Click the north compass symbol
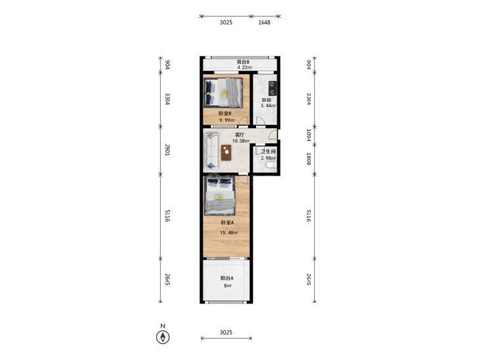point(163,337)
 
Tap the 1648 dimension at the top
point(264,22)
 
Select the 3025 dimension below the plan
point(226,332)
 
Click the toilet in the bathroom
point(271,166)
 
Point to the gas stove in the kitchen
point(272,88)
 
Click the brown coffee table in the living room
point(227,152)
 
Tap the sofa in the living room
point(212,151)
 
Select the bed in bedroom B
point(223,92)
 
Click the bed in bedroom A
point(219,195)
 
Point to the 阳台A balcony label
point(227,278)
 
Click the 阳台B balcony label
point(243,62)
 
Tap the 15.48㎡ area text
point(229,232)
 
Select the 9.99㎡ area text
point(227,120)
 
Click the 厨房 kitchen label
point(266,100)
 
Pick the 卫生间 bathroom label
point(268,152)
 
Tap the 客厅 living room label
point(240,135)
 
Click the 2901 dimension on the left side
point(167,150)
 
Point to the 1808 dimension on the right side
point(309,159)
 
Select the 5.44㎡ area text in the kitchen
point(269,106)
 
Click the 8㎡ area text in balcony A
point(228,286)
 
